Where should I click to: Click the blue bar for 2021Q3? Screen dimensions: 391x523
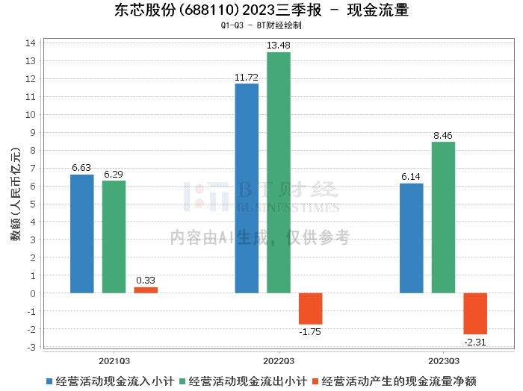pyautogui.click(x=82, y=234)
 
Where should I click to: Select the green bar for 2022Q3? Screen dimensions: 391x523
pyautogui.click(x=279, y=172)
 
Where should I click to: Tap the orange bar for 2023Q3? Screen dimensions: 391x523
pyautogui.click(x=475, y=313)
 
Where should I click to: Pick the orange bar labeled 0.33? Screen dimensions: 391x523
pyautogui.click(x=146, y=290)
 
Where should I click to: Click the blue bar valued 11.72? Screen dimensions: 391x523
pyautogui.click(x=247, y=188)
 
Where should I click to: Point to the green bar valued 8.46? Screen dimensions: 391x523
pyautogui.click(x=443, y=217)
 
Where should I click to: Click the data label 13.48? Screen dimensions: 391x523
pyautogui.click(x=279, y=46)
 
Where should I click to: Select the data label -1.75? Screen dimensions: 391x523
pyautogui.click(x=310, y=331)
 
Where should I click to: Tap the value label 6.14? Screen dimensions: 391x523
pyautogui.click(x=412, y=177)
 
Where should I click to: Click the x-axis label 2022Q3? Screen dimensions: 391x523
pyautogui.click(x=279, y=358)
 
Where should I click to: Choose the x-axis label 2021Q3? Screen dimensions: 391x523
pyautogui.click(x=114, y=358)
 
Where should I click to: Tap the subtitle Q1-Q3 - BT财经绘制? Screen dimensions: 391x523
pyautogui.click(x=261, y=25)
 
